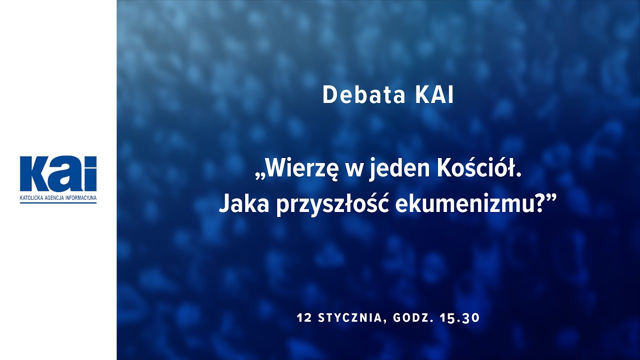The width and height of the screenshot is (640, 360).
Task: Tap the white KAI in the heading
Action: pos(434,95)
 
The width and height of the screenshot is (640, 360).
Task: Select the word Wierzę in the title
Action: pos(300,170)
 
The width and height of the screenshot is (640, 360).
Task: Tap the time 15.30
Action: pos(459,318)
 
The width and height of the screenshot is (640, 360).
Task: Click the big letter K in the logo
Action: pos(34,173)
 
